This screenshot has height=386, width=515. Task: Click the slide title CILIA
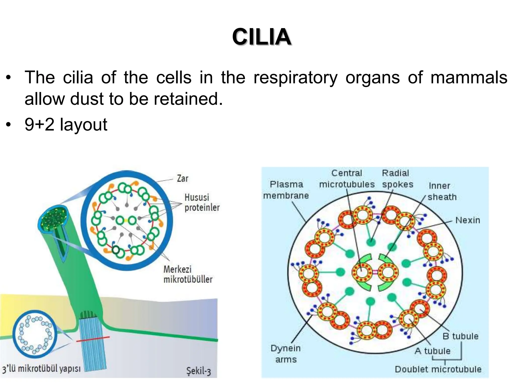coord(262,37)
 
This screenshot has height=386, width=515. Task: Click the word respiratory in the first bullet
coord(295,77)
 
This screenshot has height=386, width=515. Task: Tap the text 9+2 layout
coord(66,124)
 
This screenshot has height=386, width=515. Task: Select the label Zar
coord(183,179)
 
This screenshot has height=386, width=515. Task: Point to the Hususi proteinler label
coord(202,203)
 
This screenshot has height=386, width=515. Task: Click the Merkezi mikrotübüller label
coord(188,274)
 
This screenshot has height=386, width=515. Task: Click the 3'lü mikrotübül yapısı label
coord(41,369)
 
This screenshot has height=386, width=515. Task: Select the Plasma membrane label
coord(286,190)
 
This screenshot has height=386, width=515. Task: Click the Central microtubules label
coord(347,179)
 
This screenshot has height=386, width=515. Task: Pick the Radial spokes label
coord(397,179)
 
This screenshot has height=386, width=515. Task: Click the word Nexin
coord(468,220)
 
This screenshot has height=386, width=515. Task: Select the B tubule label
coord(460,336)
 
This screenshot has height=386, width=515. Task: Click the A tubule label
coord(433,351)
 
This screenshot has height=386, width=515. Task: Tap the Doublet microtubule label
coord(438,369)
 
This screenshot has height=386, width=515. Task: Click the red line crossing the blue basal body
coord(93,339)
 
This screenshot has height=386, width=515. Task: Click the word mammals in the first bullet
coord(469,77)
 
